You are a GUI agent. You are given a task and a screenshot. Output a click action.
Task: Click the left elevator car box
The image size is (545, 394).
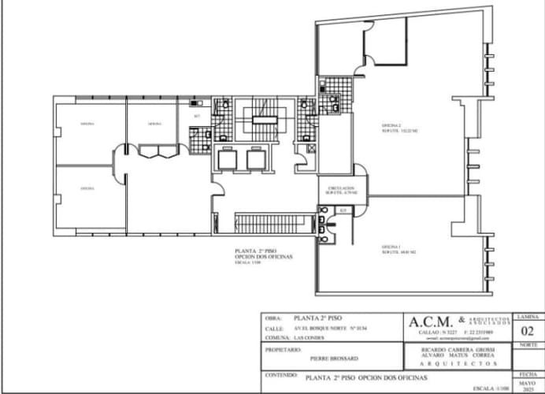click(x=227, y=160)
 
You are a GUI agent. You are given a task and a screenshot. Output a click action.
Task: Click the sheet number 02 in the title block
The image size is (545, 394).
click(x=528, y=332)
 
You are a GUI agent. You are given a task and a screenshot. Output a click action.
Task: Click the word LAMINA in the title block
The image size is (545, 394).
click(x=527, y=316)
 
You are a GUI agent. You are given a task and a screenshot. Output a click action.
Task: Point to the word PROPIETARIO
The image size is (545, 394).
click(x=284, y=348)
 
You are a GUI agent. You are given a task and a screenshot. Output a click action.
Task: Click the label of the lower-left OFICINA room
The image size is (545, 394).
click(x=87, y=189)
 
